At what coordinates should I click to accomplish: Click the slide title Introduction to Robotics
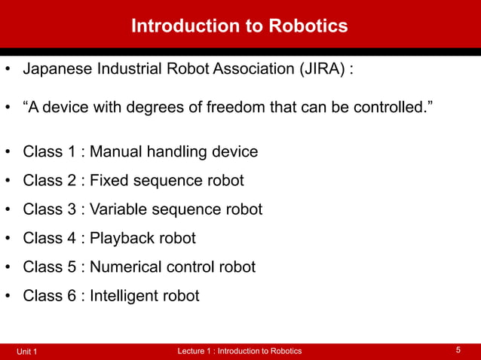(x=240, y=26)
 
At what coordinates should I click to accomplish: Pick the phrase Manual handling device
(x=174, y=152)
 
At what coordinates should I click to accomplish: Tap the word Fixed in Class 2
(x=109, y=181)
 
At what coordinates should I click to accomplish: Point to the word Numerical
(x=127, y=267)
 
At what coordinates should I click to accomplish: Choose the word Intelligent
(x=124, y=296)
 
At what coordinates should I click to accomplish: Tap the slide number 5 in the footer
(x=458, y=350)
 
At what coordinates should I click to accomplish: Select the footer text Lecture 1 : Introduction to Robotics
(x=239, y=351)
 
